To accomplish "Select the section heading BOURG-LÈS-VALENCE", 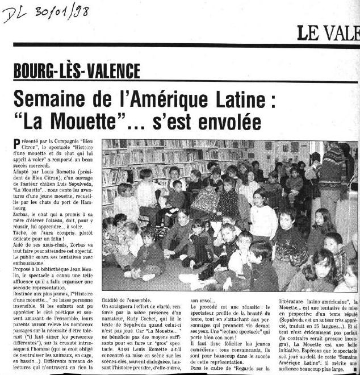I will click(77, 71).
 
